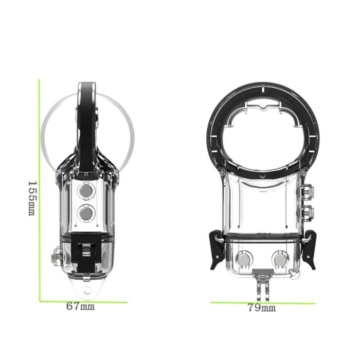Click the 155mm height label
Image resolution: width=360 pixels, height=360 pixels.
point(31,198)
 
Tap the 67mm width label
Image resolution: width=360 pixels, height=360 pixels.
point(80,307)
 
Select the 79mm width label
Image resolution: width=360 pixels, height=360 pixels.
point(261,308)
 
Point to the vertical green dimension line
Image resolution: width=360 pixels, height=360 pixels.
point(40,190)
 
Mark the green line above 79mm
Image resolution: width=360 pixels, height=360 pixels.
point(263,303)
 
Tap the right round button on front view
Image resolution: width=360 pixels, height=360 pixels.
point(280,260)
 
